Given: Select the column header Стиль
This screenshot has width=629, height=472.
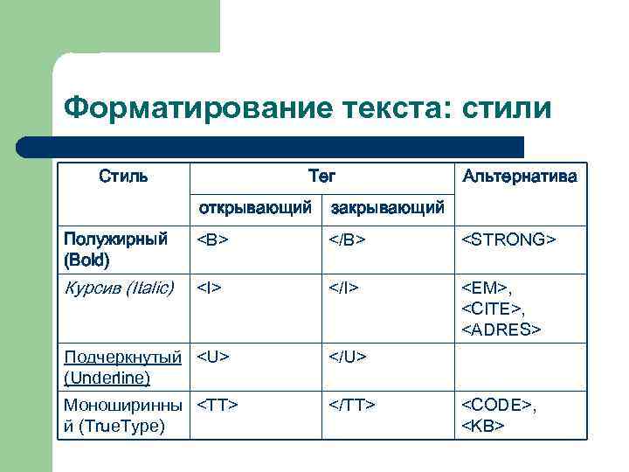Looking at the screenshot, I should click(123, 177).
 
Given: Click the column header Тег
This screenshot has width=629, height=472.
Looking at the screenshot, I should click(321, 177).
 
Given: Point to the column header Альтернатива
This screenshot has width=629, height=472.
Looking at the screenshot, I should click(520, 177).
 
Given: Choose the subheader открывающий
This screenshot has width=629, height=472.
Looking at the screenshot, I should click(255, 208).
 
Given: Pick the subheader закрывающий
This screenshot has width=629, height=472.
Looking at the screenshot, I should click(387, 208).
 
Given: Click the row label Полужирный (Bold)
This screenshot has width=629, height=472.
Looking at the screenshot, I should click(116, 249).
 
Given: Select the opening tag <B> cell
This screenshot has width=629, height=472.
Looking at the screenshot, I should click(212, 239).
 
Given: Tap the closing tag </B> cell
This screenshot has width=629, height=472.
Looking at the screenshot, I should click(347, 239).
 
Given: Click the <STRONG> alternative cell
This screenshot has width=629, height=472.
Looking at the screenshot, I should click(508, 239).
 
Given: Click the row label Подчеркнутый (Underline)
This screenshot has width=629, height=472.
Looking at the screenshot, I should click(123, 367).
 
